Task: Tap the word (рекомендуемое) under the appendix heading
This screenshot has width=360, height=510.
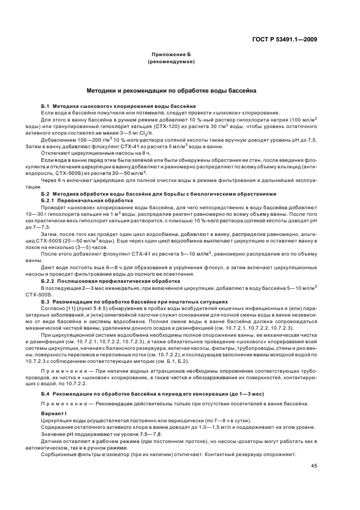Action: tap(171, 62)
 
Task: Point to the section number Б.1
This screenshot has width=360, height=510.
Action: tap(46, 105)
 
